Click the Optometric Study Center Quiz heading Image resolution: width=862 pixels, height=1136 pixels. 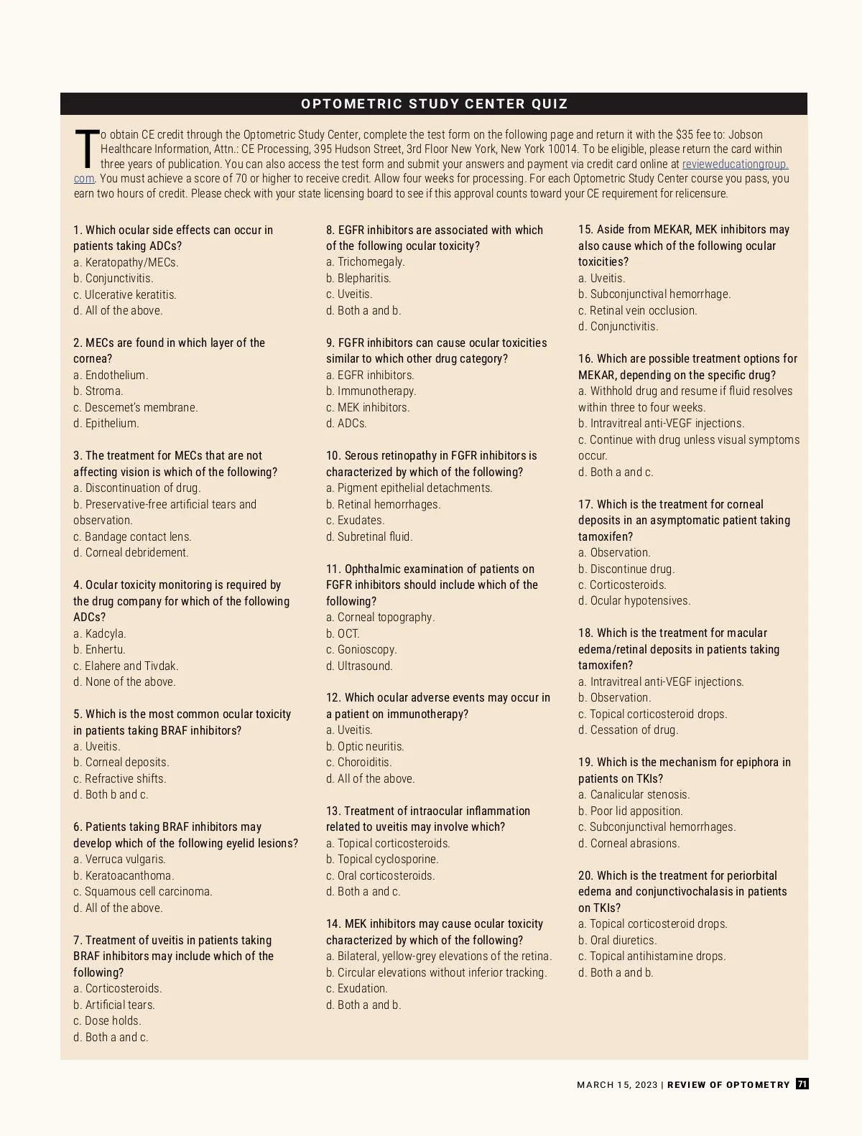pos(434,104)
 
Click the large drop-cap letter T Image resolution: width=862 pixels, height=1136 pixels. pos(86,149)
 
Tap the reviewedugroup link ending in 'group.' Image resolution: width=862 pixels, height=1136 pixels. pos(735,164)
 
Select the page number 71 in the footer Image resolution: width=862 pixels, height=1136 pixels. pos(802,1084)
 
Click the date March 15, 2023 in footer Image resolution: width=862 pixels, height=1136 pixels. pos(616,1085)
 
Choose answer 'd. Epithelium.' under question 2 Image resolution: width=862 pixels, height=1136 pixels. pos(106,424)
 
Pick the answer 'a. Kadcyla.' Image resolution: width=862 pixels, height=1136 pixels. pos(100,633)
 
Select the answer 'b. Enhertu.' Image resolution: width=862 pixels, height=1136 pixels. pos(99,650)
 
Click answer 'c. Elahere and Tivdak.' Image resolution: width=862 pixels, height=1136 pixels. pos(126,666)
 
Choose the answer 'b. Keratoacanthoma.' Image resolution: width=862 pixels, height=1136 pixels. pos(124,875)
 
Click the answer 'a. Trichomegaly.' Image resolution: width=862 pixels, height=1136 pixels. pos(365,262)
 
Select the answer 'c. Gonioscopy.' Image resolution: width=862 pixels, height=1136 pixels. pos(361,650)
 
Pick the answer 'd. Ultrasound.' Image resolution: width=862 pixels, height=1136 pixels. pos(359,666)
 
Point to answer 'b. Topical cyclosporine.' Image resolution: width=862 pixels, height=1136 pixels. pos(382,860)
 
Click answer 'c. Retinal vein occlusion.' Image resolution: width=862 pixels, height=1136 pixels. pos(637,310)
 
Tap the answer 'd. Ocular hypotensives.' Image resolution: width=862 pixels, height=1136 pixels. pos(634,601)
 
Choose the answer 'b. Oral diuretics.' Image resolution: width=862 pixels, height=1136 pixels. pos(617,940)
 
